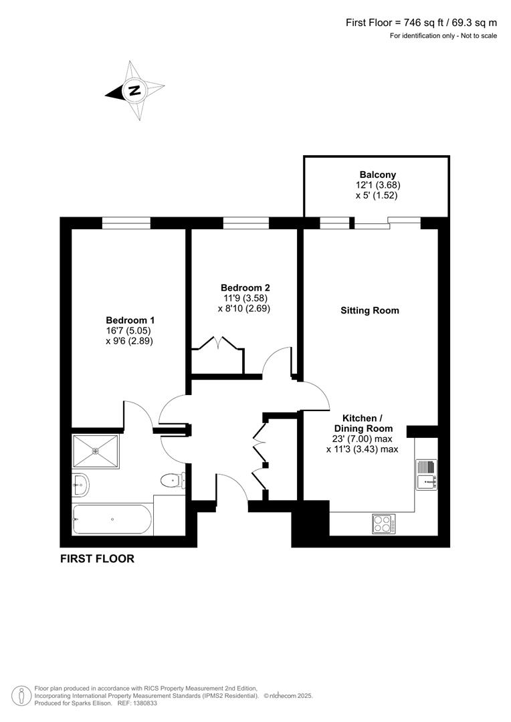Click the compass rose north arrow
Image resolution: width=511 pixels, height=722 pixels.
point(135,91)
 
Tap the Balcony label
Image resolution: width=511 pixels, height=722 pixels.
point(378,174)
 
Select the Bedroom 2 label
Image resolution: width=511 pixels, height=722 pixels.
point(244,288)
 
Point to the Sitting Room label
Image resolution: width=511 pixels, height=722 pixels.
point(370,310)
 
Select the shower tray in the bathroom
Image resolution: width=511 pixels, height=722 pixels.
point(96,451)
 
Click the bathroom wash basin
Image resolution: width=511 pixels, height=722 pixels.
point(80,483)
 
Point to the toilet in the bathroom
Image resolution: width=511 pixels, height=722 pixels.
point(172,479)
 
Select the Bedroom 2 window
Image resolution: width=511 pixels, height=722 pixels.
point(245,223)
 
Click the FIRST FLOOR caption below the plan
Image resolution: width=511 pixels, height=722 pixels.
point(97,559)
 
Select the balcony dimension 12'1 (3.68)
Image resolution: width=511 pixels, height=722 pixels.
point(378,185)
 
